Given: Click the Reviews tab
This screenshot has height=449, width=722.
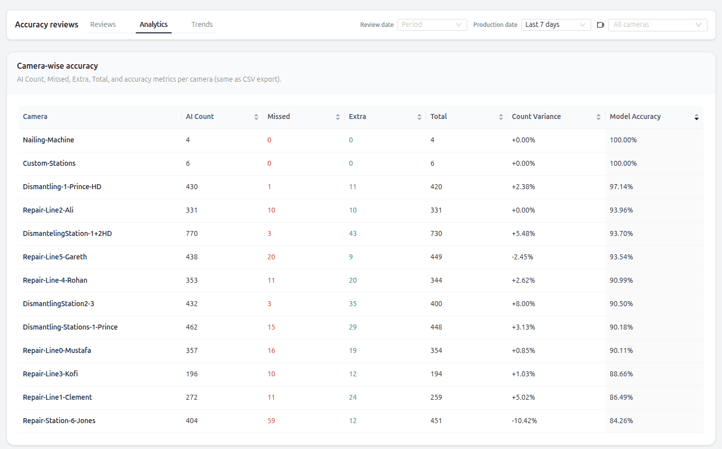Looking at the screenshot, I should click(x=103, y=24).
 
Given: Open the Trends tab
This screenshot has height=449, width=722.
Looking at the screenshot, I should click(x=202, y=24).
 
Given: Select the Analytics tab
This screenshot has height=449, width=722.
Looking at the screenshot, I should click(x=153, y=24).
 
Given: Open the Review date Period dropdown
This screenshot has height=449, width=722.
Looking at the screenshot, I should click(x=432, y=25).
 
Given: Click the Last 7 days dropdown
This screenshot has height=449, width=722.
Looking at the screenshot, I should click(x=555, y=25).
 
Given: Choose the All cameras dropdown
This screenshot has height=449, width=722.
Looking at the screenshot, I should click(x=657, y=25).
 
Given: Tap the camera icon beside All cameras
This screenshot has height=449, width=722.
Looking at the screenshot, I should click(x=601, y=25).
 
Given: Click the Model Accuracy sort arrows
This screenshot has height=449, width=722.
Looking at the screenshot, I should click(x=696, y=117).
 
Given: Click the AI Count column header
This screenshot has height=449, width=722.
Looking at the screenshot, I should click(x=200, y=116).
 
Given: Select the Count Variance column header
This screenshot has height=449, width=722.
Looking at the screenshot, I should click(x=536, y=116).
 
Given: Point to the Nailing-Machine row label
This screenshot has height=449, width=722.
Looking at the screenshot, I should click(x=48, y=140).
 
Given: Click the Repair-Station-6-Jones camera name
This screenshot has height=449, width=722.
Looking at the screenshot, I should click(x=59, y=421).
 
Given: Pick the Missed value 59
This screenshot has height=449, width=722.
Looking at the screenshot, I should click(x=271, y=421).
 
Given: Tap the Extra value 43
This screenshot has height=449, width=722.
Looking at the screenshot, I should click(x=353, y=233).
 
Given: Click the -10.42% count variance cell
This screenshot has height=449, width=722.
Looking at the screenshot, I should click(x=524, y=421).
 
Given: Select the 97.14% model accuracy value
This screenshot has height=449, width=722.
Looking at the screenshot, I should click(x=621, y=187).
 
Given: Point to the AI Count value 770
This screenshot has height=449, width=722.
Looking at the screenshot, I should click(x=192, y=233).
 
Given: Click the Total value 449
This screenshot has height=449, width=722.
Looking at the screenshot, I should click(x=436, y=257).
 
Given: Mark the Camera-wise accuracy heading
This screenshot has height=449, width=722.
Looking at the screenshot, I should click(x=57, y=66).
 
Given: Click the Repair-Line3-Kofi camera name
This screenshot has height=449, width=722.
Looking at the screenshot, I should click(x=50, y=374).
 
